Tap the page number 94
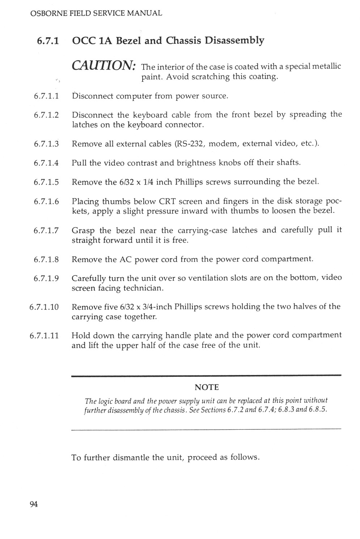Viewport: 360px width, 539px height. tap(34, 504)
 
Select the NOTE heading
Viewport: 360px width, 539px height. tap(207, 387)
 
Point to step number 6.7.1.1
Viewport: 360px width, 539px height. tap(46, 96)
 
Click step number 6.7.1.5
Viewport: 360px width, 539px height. tap(46, 182)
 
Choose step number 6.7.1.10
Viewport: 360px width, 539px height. tap(44, 307)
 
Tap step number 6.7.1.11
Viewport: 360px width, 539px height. tap(44, 336)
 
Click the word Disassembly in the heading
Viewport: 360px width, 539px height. tap(234, 40)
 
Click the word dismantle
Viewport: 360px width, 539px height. tap(131, 457)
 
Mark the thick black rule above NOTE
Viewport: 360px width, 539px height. tap(206, 376)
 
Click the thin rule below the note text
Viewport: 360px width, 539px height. tap(206, 429)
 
